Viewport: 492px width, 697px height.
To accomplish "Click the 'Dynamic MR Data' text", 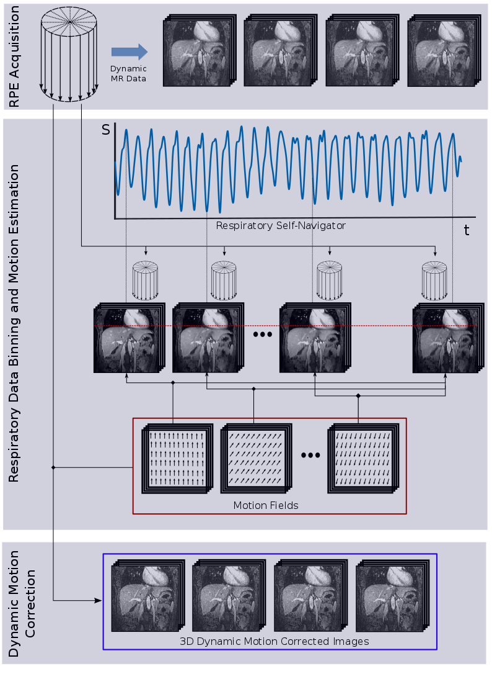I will coord(128,73).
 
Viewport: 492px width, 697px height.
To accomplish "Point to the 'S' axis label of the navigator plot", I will coord(105,130).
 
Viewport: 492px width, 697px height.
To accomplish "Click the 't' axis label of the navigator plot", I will coord(467,231).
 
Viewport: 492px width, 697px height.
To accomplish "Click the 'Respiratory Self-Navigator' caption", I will coord(281,226).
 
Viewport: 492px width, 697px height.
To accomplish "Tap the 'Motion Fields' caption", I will coord(266,505).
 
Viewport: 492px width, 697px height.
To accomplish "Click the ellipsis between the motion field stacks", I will coord(310,456).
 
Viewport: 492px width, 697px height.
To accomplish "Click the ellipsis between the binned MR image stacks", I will coord(262,335).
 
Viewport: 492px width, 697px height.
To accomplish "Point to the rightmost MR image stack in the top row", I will coord(442,50).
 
